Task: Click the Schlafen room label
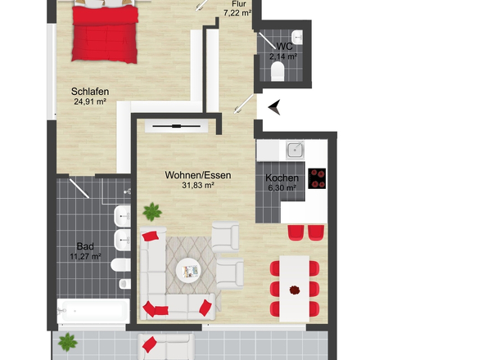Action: [90, 92]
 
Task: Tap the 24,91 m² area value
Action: [90, 102]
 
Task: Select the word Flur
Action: [239, 3]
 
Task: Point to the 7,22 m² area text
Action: [239, 14]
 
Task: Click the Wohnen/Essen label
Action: [198, 175]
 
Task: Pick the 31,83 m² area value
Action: [198, 186]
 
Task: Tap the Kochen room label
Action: [282, 178]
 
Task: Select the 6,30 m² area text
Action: [282, 188]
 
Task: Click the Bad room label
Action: [85, 245]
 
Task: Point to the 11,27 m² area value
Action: [85, 256]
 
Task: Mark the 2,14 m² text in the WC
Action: [283, 56]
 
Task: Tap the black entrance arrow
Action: [274, 106]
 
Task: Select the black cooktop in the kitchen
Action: [316, 179]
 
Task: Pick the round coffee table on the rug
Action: [190, 268]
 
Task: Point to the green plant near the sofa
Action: [151, 211]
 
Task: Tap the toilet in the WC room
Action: [278, 74]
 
